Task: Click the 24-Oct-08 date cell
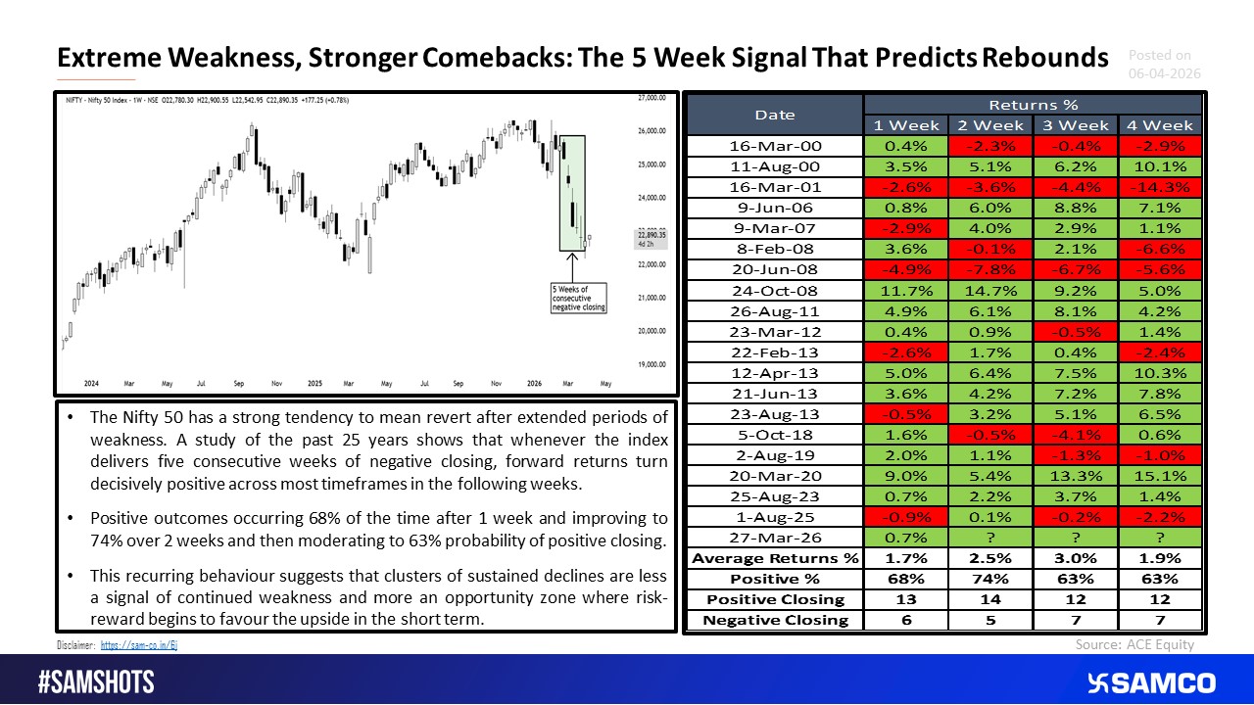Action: click(x=774, y=290)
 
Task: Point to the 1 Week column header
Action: click(x=906, y=125)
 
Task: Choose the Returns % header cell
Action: click(x=1033, y=104)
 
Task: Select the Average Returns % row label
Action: click(x=774, y=558)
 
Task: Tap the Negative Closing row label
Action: click(x=774, y=619)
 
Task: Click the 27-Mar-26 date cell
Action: click(x=774, y=537)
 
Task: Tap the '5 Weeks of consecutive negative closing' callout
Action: click(x=578, y=298)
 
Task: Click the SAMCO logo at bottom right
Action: click(x=1151, y=682)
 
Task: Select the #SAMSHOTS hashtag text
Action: click(x=96, y=682)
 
